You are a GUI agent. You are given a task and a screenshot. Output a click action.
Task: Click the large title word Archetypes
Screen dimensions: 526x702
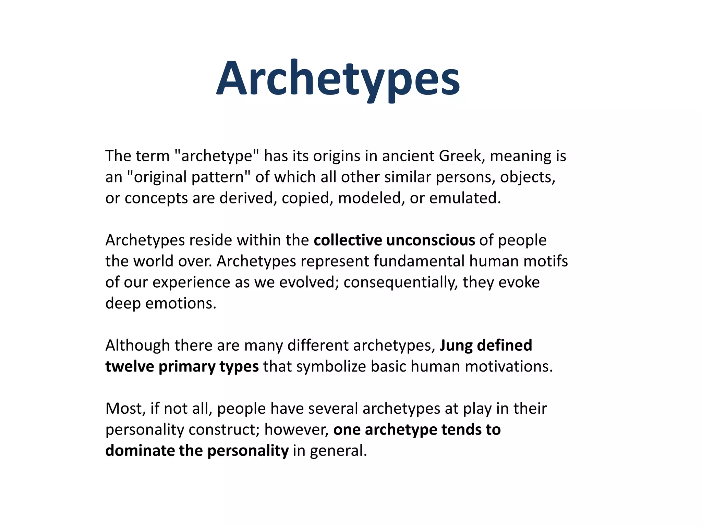[338, 79]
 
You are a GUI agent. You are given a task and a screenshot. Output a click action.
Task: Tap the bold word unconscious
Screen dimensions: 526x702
[431, 240]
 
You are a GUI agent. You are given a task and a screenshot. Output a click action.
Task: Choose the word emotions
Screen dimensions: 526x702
[181, 303]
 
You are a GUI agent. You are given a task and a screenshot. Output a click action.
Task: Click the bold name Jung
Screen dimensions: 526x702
[456, 346]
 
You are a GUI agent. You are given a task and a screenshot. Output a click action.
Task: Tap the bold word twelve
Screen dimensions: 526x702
[130, 366]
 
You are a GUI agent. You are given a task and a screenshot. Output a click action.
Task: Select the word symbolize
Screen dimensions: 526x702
[331, 367]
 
